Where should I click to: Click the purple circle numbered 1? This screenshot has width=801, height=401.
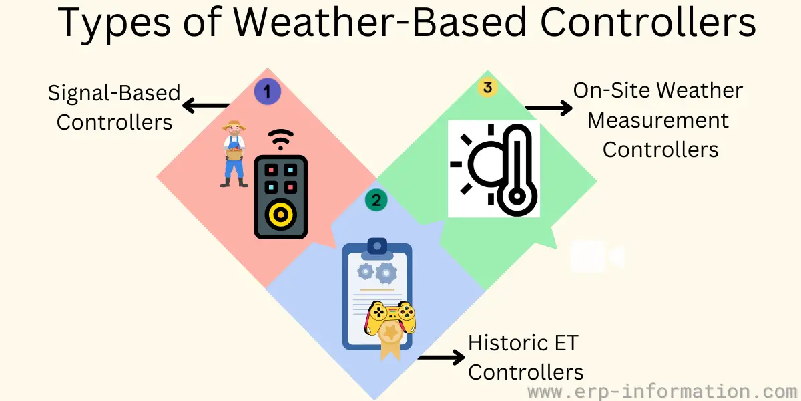point(268,92)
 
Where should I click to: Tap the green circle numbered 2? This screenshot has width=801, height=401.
point(376,200)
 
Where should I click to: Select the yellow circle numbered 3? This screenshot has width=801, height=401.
point(487,87)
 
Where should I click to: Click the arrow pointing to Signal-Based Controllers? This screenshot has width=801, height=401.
point(206,106)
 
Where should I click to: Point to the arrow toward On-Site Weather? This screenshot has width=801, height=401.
point(549,108)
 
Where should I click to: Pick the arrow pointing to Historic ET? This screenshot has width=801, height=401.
point(441,357)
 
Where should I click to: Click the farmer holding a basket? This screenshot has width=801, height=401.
point(234,154)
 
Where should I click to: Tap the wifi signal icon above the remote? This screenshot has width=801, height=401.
point(281,140)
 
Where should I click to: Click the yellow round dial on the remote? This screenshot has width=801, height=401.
point(281,215)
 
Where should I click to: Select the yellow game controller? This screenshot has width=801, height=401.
point(390,317)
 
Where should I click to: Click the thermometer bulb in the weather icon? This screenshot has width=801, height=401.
point(517,196)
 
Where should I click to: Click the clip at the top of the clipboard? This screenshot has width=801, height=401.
point(377,249)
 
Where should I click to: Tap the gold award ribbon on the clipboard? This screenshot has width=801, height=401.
point(390,340)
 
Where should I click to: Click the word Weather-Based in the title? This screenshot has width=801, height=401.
point(380,22)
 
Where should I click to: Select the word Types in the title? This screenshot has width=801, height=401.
point(114,24)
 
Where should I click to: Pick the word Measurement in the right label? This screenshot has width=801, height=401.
point(658,120)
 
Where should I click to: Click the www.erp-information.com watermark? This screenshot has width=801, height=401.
point(663,392)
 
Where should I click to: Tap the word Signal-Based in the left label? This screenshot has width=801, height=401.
point(114,93)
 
